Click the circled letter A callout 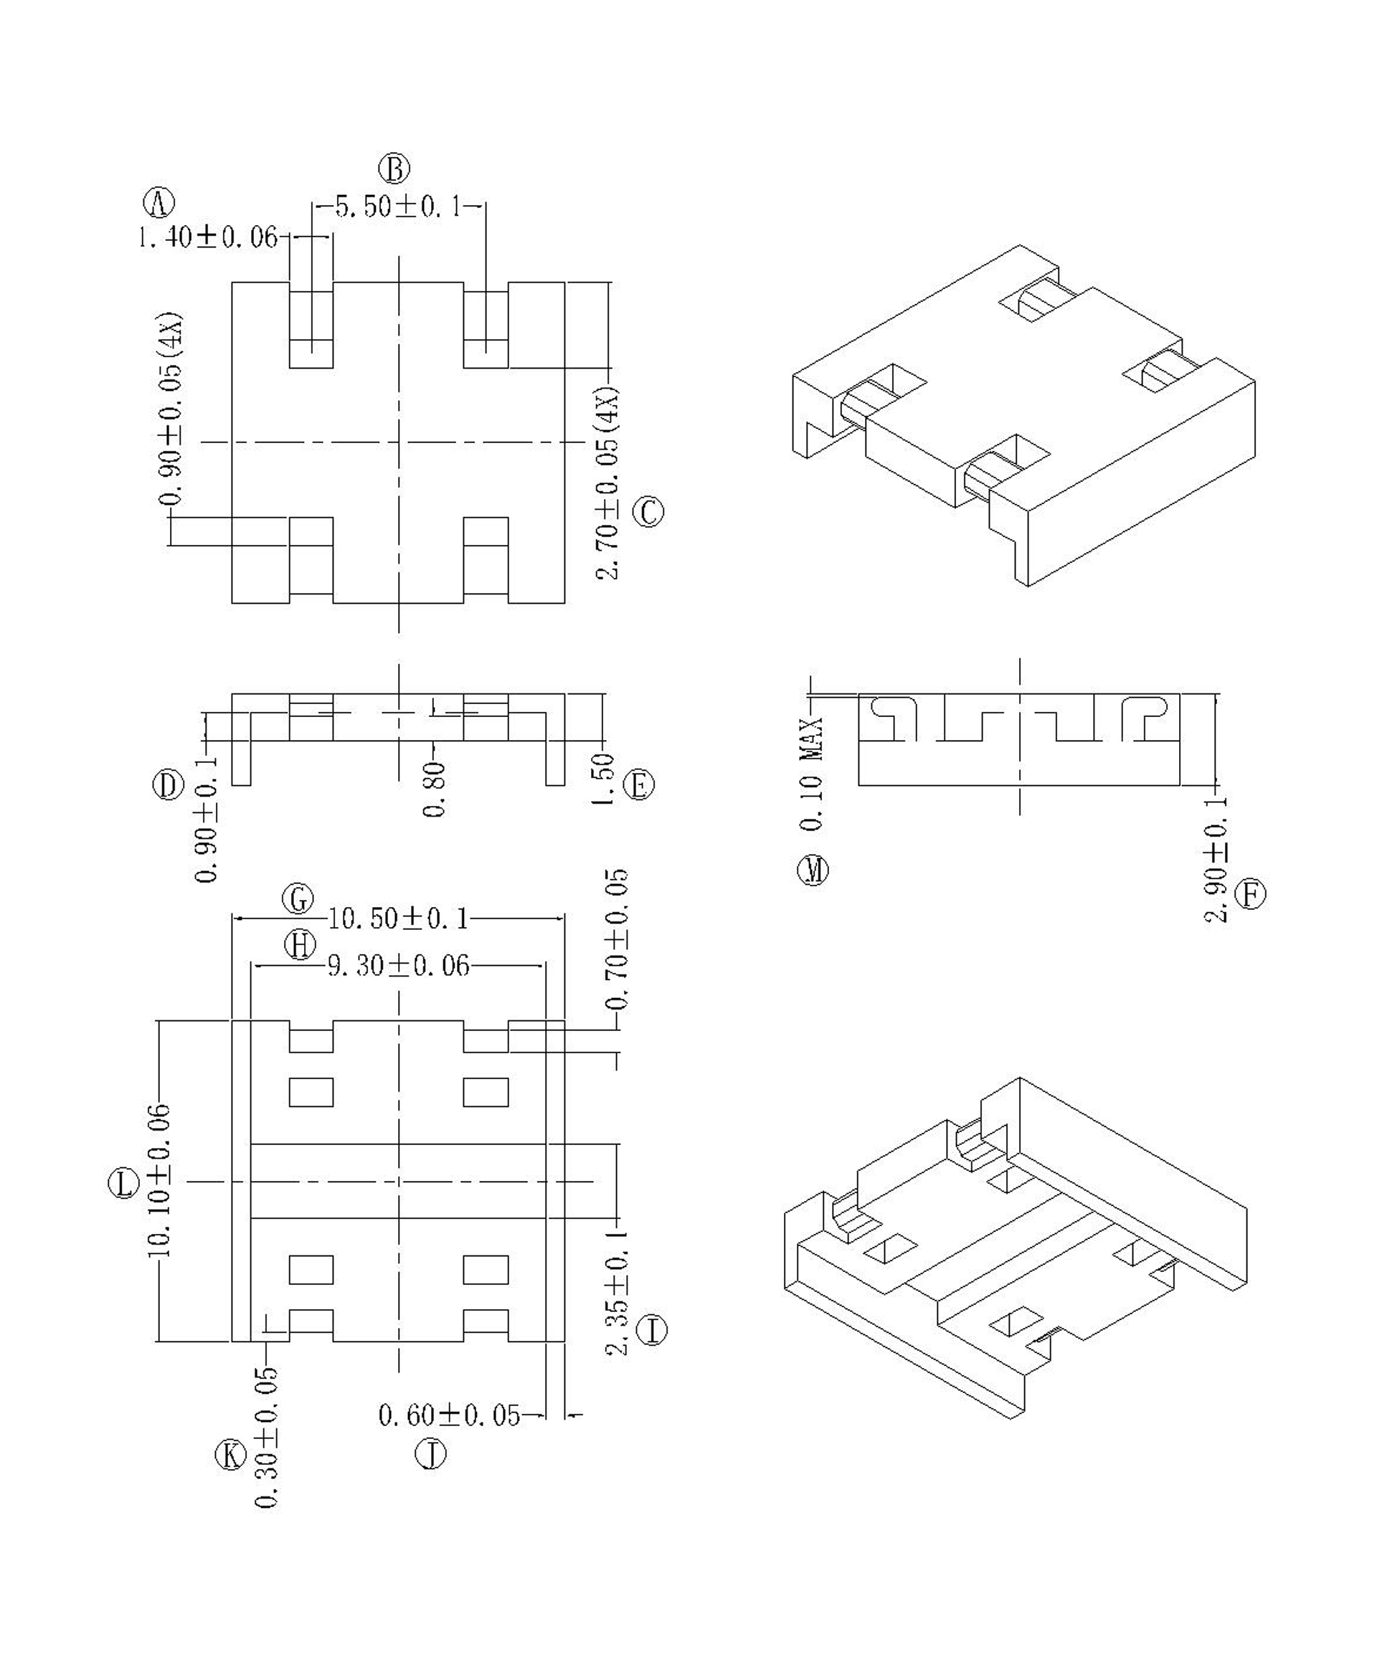pos(158,203)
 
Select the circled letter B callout pos(394,169)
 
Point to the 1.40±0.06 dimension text pos(208,237)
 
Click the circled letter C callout pos(648,512)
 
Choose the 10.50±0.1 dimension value pos(398,918)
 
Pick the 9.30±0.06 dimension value pos(398,965)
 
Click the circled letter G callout pos(298,898)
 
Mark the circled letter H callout pos(300,944)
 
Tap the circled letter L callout pos(124,1184)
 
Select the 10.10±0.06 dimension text pos(158,1180)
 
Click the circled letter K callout pos(230,1454)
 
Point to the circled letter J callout pos(430,1453)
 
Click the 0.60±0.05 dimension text pos(449,1415)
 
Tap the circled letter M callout pos(813,870)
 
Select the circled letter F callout pos(1250,895)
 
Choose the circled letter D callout pos(168,785)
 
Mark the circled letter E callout pos(639,785)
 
